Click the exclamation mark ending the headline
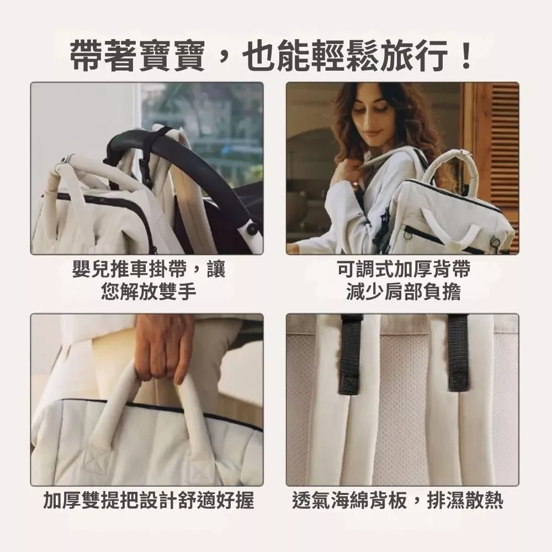coord(467,55)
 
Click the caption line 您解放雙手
coord(148,291)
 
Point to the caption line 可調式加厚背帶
coord(404,269)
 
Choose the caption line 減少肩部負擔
coord(404,291)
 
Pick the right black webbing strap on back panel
coord(458,353)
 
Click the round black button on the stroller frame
coord(252,229)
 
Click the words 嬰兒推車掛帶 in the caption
coord(130,269)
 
